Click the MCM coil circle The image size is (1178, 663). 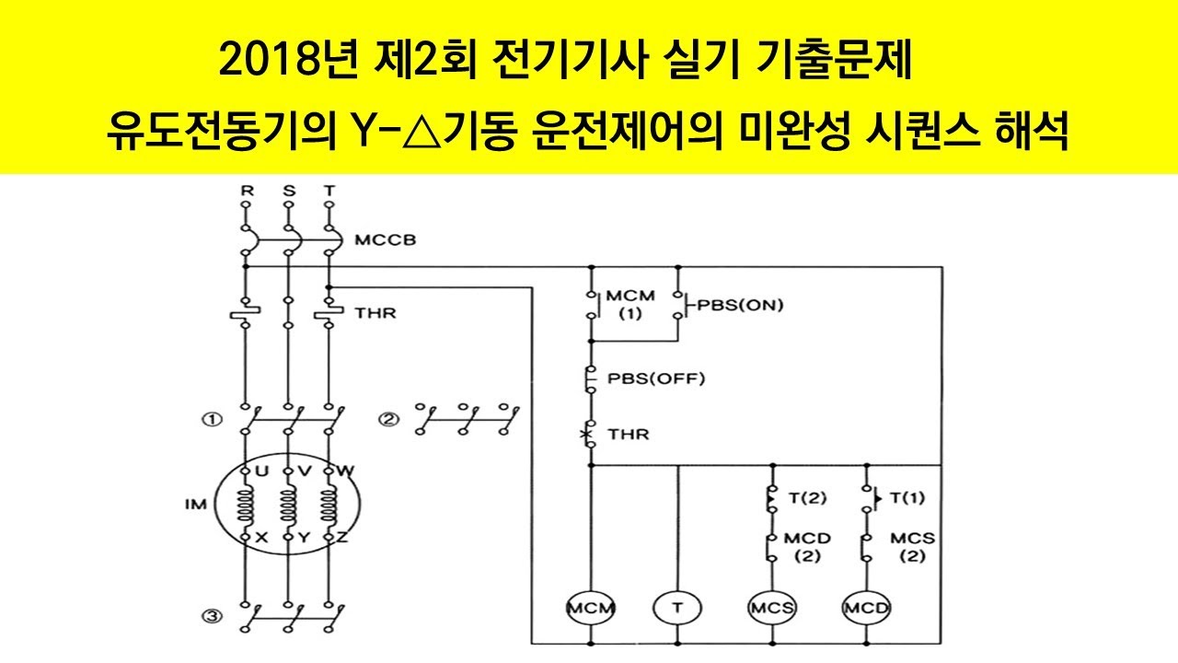pos(591,608)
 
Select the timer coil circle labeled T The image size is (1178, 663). pos(676,608)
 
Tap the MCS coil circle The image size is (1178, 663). pos(771,608)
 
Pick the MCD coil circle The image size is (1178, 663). pos(867,608)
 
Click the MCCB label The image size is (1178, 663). pos(385,240)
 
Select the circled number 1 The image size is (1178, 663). pos(213,420)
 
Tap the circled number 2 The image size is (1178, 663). pos(389,420)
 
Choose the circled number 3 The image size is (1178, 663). pos(213,618)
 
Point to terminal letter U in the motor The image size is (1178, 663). pos(261,471)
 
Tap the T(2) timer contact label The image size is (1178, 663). pos(807,498)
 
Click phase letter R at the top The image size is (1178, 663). pos(246,191)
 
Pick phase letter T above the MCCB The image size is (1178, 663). pos(329,191)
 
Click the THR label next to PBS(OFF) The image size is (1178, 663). pos(628,434)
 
